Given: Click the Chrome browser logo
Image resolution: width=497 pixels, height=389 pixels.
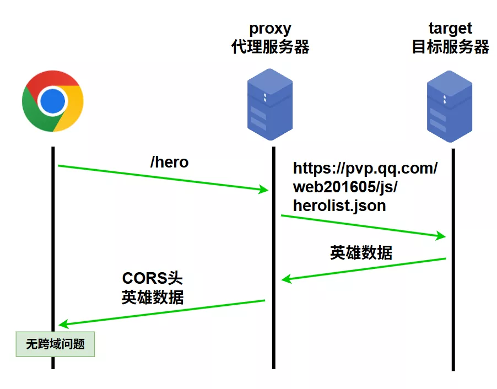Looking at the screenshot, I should coord(53,101).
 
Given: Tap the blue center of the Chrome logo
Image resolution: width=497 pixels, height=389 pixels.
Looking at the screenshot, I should coord(53,101).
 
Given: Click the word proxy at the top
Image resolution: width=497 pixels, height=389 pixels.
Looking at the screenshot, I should coord(270,28).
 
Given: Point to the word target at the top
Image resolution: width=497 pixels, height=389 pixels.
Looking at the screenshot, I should coord(450,28).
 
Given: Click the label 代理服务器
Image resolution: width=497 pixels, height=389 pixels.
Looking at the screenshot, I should coord(270,47).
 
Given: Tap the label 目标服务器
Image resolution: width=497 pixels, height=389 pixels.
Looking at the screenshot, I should coord(450,47).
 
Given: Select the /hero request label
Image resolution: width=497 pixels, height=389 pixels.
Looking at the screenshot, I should coord(169,162).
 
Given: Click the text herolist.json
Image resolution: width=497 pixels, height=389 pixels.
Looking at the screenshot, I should coord(339,206).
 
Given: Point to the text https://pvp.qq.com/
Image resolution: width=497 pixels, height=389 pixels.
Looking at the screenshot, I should coord(365,168).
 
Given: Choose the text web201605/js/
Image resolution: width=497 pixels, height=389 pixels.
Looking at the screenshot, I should coord(345,187).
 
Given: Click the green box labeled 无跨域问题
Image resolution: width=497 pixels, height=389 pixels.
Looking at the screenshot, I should coord(55,344).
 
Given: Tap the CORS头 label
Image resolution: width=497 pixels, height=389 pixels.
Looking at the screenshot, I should coord(153,278).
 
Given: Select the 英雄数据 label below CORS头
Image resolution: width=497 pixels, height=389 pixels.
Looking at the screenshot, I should coord(153,297).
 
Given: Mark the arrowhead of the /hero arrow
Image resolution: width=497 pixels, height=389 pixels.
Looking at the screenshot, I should coord(264,190).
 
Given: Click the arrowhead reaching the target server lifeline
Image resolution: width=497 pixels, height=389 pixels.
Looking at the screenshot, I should coord(441,236).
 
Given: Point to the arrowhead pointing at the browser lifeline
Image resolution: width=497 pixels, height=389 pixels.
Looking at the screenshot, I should coord(62,324).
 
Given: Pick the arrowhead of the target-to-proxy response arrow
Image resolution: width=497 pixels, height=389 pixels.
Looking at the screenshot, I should coord(286,279).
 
